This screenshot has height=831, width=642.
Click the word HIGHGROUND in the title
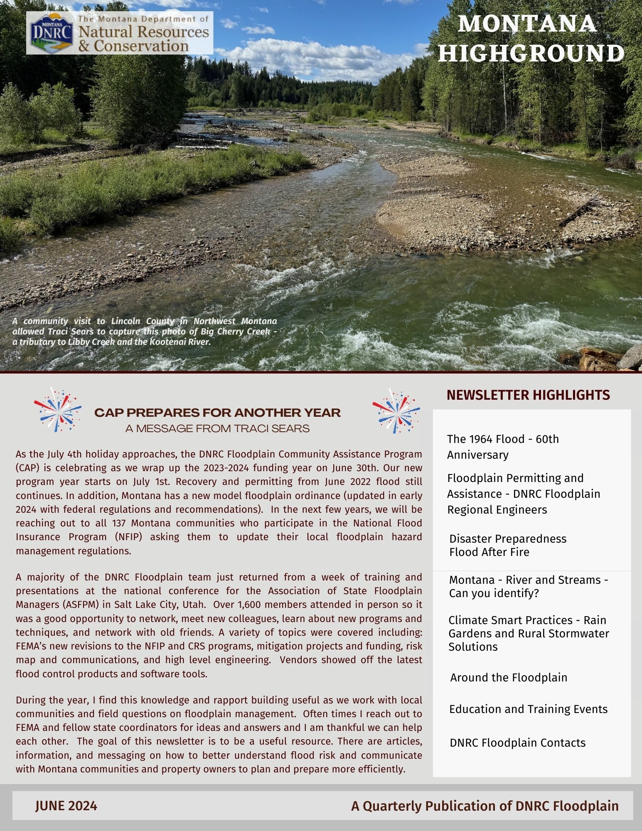(x=531, y=53)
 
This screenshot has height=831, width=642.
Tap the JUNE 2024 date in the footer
(x=66, y=806)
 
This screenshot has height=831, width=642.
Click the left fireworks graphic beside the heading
(x=58, y=410)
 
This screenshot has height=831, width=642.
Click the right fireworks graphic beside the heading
(x=396, y=411)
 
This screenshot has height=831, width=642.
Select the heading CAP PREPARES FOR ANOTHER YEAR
(x=217, y=413)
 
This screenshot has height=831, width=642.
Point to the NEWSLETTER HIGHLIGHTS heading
(x=528, y=395)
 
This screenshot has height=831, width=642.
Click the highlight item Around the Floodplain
(x=508, y=677)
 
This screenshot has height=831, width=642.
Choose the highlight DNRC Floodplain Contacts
(x=517, y=742)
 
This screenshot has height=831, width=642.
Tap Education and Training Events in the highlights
(x=528, y=709)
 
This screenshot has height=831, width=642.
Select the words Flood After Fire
(x=489, y=552)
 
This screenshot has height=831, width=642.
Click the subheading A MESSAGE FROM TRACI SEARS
(x=217, y=428)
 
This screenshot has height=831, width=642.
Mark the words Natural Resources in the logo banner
(x=143, y=32)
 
